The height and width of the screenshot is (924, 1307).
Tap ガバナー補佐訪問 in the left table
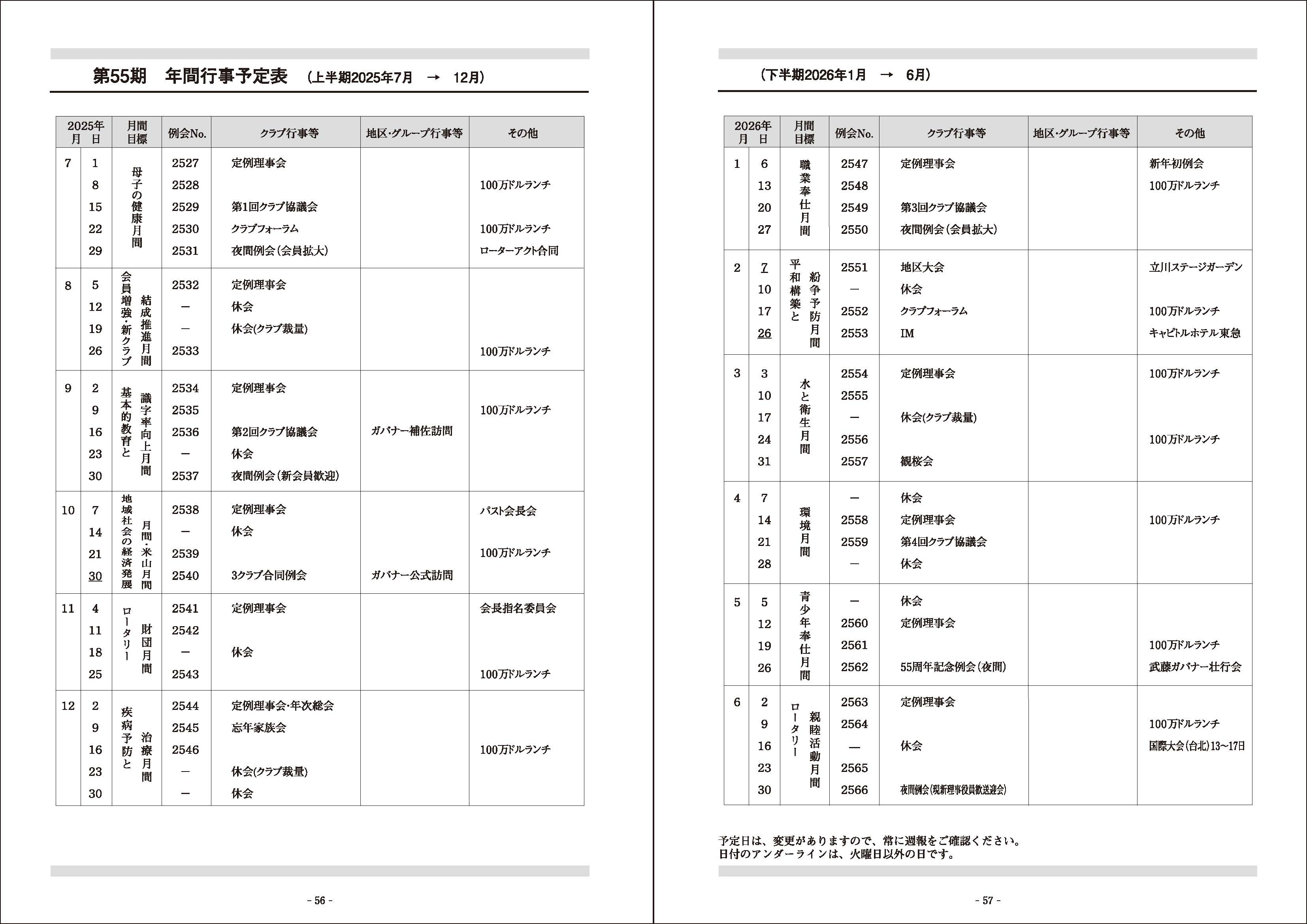pos(412,431)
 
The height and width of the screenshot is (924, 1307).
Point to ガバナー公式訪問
pos(412,575)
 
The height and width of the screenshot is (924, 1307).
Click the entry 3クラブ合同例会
pos(269,576)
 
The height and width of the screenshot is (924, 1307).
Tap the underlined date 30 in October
pos(95,576)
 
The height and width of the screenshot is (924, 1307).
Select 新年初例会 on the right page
pos(1176,164)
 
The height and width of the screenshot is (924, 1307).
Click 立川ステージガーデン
pos(1196,267)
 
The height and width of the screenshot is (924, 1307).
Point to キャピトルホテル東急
pos(1194,333)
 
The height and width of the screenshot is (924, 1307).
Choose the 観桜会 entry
pos(917,461)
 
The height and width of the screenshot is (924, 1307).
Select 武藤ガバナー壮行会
pos(1195,667)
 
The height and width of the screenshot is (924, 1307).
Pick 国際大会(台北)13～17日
pos(1196,746)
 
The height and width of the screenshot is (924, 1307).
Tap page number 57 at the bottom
pos(988,900)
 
